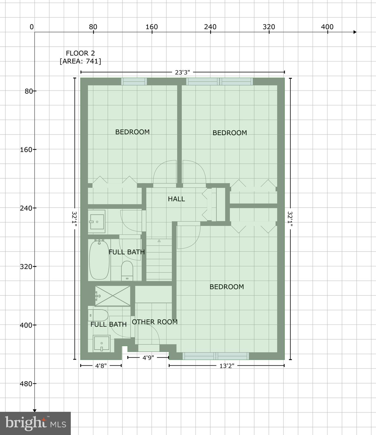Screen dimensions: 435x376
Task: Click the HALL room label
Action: pos(176,199)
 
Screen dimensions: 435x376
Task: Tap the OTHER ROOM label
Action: pos(155,322)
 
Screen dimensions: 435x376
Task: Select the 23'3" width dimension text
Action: pos(182,72)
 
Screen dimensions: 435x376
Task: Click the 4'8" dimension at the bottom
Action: pos(101,366)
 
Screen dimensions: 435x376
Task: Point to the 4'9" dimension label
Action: pos(148,358)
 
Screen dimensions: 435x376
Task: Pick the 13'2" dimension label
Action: pos(227,366)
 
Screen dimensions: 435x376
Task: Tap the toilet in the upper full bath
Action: pos(127,270)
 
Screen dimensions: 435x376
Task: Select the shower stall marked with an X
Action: pos(113,296)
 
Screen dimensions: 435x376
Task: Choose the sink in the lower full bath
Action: pos(101,344)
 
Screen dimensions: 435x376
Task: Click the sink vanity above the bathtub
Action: pos(96,221)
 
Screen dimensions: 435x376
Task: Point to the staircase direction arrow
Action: pos(159,241)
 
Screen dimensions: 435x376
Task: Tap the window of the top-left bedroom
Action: pos(134,82)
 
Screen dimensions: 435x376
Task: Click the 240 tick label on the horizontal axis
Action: pos(210,27)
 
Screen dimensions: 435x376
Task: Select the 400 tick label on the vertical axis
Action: pos(26,325)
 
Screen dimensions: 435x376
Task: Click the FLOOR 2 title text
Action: pos(80,53)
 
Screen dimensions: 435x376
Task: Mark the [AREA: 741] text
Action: pos(80,61)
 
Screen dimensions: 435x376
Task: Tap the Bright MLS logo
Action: pos(35,423)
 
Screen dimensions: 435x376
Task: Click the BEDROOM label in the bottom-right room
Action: pos(227,287)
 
